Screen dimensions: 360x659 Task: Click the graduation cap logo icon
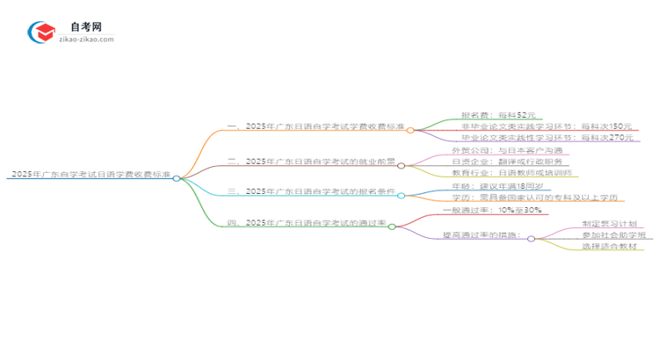(x=41, y=32)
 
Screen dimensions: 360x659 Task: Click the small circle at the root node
(x=177, y=178)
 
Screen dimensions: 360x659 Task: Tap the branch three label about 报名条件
(x=311, y=191)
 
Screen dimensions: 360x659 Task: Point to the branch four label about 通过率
(x=307, y=224)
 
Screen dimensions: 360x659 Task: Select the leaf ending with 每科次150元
(x=545, y=127)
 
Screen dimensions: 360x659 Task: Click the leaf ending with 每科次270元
(x=545, y=139)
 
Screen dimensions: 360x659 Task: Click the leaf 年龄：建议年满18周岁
(x=502, y=186)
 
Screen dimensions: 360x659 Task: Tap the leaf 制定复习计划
(x=611, y=224)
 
